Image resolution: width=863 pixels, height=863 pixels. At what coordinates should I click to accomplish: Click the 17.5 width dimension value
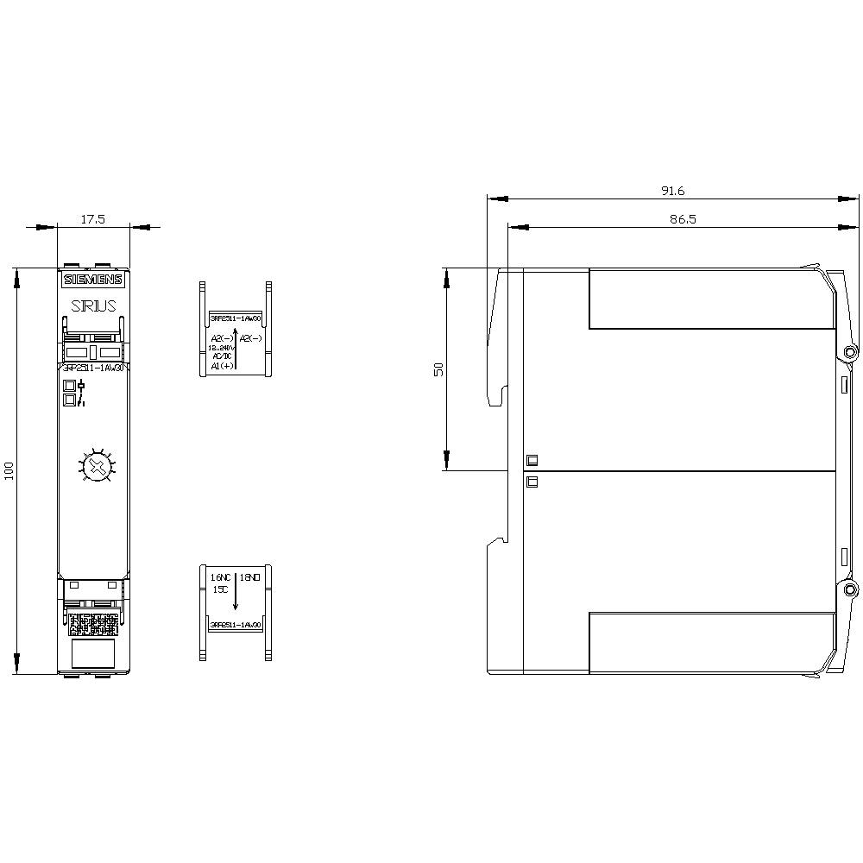pyautogui.click(x=92, y=220)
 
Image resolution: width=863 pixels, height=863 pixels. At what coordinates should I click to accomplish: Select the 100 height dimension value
pyautogui.click(x=9, y=471)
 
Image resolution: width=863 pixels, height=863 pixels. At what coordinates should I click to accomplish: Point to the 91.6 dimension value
pyautogui.click(x=672, y=191)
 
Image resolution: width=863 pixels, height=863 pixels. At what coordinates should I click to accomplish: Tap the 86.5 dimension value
pyautogui.click(x=682, y=220)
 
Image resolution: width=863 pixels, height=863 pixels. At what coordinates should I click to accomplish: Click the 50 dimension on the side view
pyautogui.click(x=438, y=369)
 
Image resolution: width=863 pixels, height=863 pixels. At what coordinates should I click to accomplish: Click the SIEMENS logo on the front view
pyautogui.click(x=93, y=280)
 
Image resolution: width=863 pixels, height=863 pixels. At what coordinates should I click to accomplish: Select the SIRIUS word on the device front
pyautogui.click(x=93, y=306)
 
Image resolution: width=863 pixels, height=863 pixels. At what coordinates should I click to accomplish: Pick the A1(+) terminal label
pyautogui.click(x=222, y=366)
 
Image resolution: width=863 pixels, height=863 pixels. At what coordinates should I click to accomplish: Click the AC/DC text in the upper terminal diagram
pyautogui.click(x=221, y=356)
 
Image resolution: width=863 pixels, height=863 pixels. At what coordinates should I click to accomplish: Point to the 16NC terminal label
pyautogui.click(x=222, y=576)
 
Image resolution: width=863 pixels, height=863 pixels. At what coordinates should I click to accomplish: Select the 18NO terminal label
pyautogui.click(x=249, y=576)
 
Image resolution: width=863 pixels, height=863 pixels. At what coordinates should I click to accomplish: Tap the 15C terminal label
pyautogui.click(x=220, y=589)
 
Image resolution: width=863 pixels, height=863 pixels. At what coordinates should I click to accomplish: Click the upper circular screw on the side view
pyautogui.click(x=850, y=352)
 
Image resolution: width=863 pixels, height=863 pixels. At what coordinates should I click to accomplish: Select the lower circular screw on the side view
pyautogui.click(x=850, y=590)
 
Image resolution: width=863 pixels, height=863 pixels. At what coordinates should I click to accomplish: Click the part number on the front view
pyautogui.click(x=93, y=368)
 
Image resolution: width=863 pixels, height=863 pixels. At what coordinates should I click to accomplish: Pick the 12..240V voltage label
pyautogui.click(x=222, y=348)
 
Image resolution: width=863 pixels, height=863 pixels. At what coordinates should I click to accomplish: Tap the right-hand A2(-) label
pyautogui.click(x=251, y=337)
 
